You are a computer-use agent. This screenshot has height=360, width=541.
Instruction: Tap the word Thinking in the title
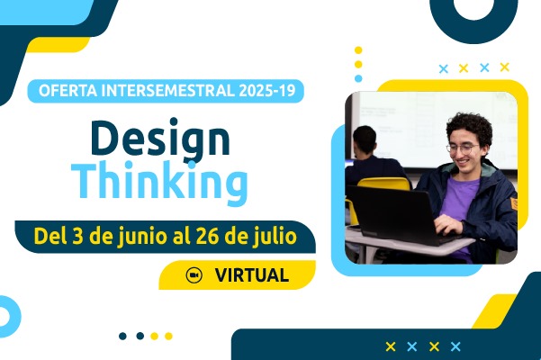[x=159, y=181]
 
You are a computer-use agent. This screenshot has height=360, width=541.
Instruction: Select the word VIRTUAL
[x=251, y=275]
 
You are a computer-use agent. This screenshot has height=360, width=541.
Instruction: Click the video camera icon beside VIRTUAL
[x=194, y=275]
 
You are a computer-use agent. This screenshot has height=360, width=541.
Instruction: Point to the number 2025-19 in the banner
[x=267, y=91]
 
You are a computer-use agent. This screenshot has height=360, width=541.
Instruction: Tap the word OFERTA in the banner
[x=68, y=91]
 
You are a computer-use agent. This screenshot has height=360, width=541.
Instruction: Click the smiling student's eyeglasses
[x=463, y=148]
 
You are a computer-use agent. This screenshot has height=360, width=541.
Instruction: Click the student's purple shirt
[x=460, y=203]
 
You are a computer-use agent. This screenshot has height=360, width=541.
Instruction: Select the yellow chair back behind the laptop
[x=383, y=184]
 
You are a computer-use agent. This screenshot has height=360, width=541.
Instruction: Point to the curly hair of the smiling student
[x=471, y=127]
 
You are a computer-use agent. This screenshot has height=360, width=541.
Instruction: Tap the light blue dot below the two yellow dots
[x=358, y=78]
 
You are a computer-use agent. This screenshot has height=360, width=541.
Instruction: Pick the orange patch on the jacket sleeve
[x=514, y=203]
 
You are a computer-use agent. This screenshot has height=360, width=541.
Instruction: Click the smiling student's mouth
[x=463, y=162]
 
